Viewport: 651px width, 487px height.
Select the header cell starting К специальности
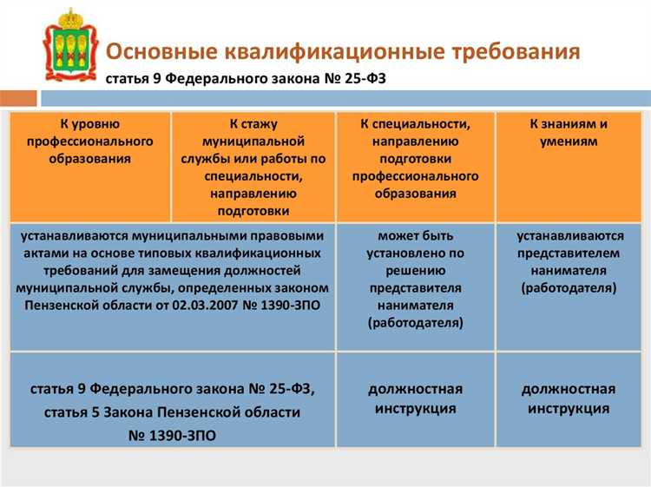(415, 159)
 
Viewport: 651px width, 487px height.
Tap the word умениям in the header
(569, 141)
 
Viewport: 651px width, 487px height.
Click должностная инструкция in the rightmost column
(569, 398)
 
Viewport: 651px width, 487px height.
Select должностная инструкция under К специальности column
(415, 398)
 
